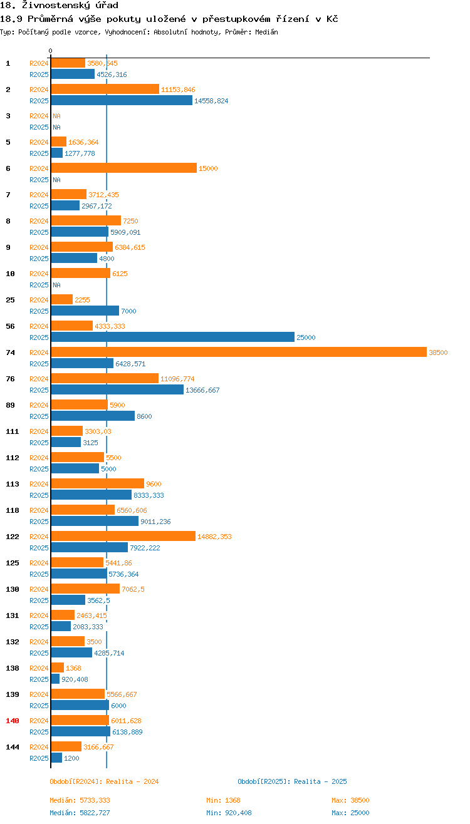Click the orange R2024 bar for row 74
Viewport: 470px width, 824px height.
click(238, 353)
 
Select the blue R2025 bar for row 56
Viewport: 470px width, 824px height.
click(172, 337)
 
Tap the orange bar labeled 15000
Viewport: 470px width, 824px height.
click(123, 168)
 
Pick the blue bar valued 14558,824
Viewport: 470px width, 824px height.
click(122, 101)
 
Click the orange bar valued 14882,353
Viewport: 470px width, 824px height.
click(123, 537)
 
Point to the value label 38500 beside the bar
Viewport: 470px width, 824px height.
click(438, 353)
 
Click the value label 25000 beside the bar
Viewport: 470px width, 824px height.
click(306, 337)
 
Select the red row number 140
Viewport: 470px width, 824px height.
click(13, 721)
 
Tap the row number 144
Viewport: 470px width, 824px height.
click(13, 747)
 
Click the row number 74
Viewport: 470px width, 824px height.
click(11, 353)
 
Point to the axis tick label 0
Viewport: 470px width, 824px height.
click(51, 51)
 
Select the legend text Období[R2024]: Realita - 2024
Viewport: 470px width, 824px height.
click(104, 781)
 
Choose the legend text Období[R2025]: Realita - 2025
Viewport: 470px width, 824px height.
click(292, 781)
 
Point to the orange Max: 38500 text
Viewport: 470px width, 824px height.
click(350, 800)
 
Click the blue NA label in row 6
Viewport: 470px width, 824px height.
click(56, 180)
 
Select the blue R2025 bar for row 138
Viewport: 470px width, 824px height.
click(55, 679)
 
